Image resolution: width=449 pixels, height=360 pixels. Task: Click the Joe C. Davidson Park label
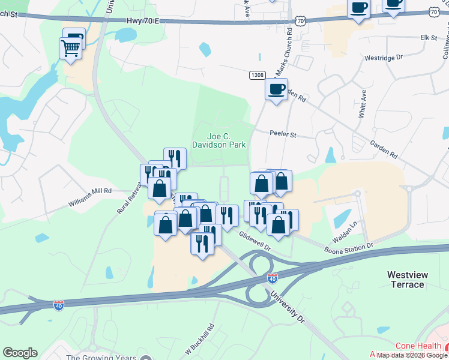[218, 140]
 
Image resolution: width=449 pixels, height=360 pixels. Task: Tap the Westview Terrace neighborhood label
[407, 280]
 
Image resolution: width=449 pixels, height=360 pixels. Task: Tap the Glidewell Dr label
[255, 241]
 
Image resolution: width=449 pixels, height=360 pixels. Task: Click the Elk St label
[429, 37]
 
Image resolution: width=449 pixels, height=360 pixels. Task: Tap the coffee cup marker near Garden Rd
[276, 89]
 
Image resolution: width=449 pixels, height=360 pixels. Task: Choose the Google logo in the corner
[20, 353]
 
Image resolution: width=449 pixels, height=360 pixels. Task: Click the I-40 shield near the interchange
[273, 278]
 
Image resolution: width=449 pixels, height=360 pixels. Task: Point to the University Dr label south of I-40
[288, 305]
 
